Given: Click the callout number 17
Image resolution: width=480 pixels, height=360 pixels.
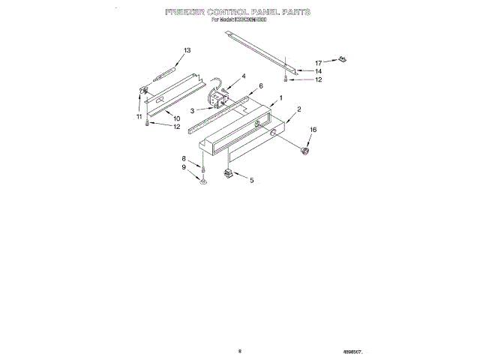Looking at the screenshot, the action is (318, 63).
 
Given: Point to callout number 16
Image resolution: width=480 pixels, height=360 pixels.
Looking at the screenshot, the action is (313, 130).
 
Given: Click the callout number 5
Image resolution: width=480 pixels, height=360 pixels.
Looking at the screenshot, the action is (251, 180).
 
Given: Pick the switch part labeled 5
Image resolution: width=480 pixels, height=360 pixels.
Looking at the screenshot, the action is (227, 175).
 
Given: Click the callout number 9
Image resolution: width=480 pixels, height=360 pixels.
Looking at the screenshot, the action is (184, 168).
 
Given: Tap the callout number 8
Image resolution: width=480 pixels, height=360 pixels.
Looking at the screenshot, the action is (184, 158).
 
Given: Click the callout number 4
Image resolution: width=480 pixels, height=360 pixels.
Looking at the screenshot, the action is (243, 76).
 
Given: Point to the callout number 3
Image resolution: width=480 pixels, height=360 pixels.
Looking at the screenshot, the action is (192, 110).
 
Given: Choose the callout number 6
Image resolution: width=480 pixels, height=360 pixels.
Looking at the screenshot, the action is (260, 86).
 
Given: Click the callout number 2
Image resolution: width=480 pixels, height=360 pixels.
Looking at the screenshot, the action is (298, 109).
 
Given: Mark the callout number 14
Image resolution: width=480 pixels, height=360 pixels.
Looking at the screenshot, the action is (318, 71).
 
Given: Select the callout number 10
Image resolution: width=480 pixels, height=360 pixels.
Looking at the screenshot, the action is (177, 118).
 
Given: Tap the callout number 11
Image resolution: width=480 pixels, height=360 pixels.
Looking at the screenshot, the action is (139, 116).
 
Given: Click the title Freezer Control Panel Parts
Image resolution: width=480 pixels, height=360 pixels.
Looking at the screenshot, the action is (237, 13).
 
